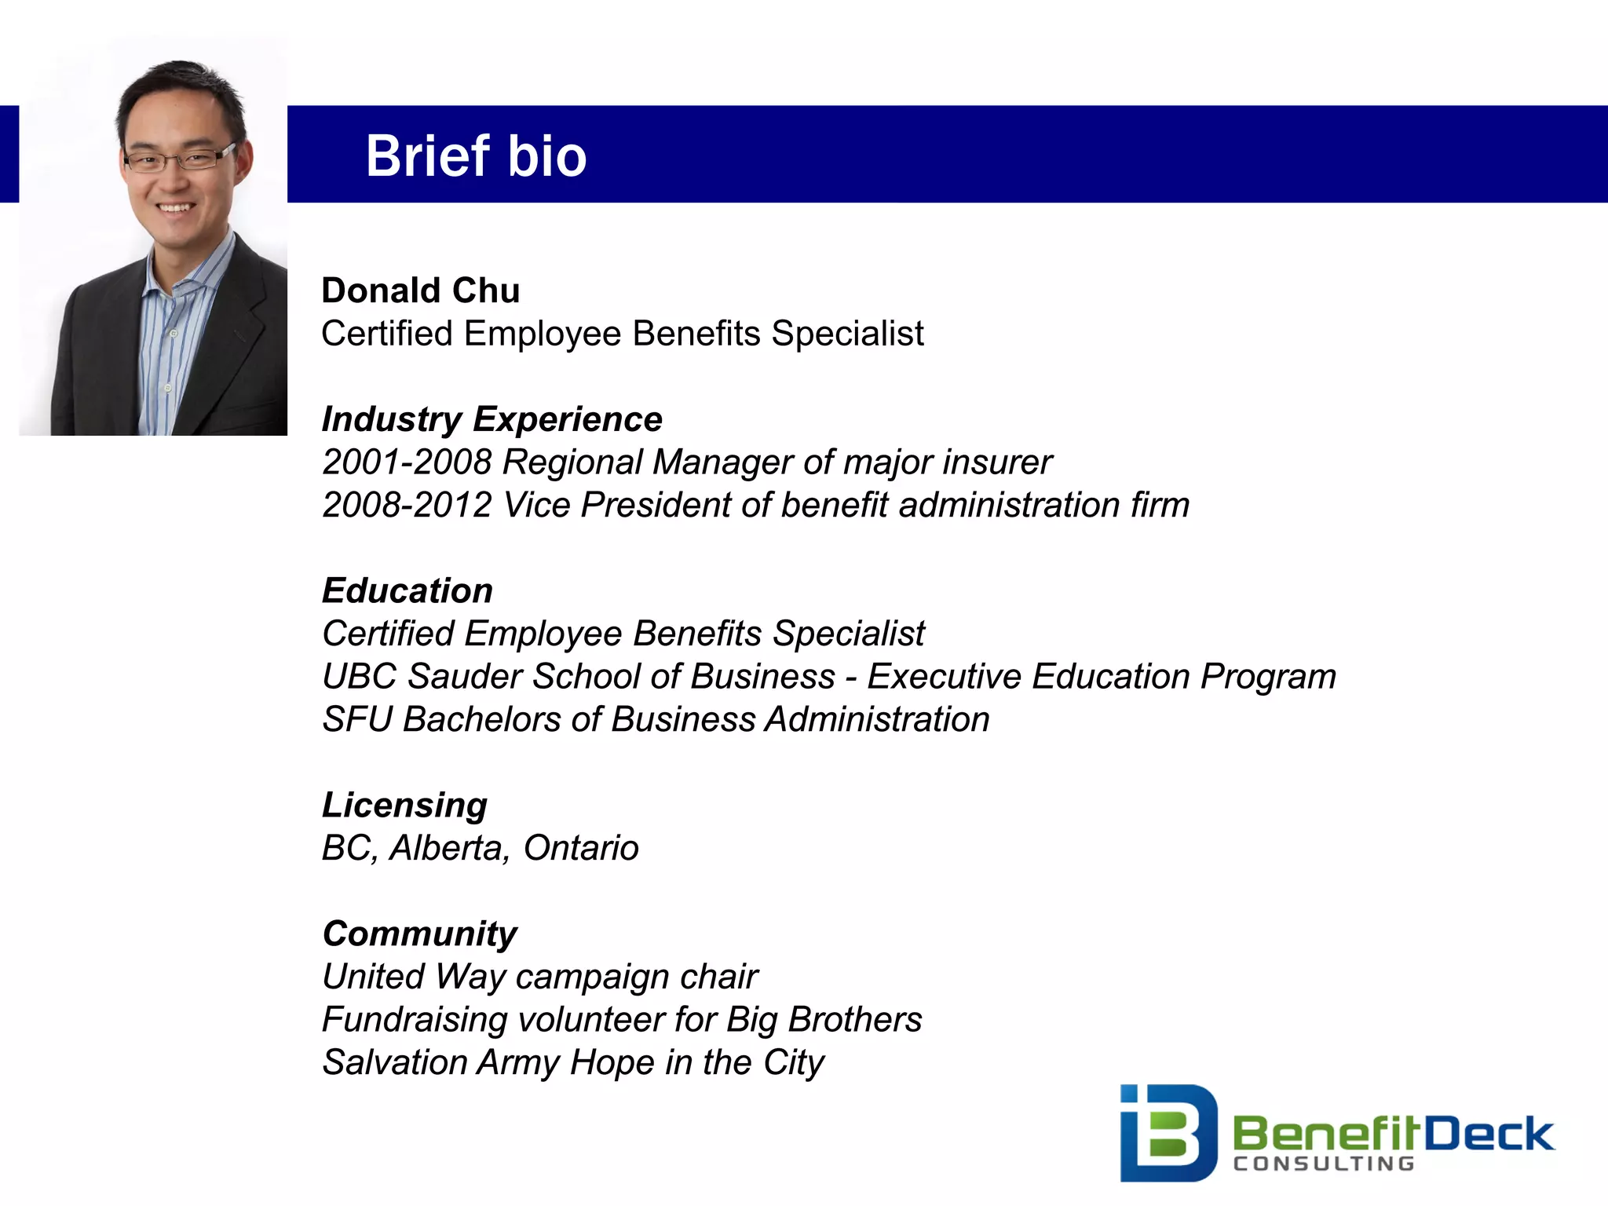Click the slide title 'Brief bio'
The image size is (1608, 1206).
point(476,155)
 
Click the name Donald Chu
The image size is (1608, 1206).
point(421,291)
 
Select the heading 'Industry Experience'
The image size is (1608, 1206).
point(492,419)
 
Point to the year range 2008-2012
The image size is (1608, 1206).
point(407,505)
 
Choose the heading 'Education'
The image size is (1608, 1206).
point(407,590)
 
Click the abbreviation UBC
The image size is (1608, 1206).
point(359,677)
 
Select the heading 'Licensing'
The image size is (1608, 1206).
point(405,806)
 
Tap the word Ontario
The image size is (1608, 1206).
point(581,848)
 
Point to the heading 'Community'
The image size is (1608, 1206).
point(420,934)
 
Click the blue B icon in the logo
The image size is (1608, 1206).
point(1168,1132)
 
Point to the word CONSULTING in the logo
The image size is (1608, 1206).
point(1324,1164)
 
